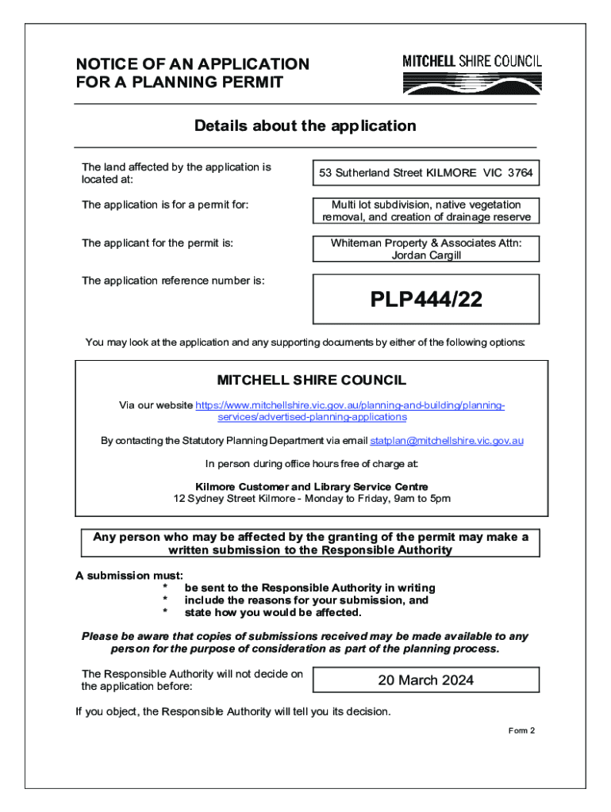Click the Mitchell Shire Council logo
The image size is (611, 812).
click(x=472, y=74)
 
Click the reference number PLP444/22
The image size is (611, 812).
click(x=426, y=300)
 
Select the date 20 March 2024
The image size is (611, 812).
click(x=426, y=680)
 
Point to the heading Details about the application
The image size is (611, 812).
click(x=305, y=126)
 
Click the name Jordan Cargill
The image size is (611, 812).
click(x=426, y=255)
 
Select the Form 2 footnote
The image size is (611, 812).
click(x=521, y=730)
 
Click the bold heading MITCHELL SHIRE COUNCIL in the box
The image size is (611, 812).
click(x=312, y=381)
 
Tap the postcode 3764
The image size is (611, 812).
click(x=521, y=173)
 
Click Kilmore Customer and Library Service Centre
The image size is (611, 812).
click(x=312, y=486)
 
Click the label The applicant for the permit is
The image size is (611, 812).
click(x=157, y=243)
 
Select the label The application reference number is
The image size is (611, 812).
click(x=173, y=281)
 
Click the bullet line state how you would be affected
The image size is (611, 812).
click(x=273, y=612)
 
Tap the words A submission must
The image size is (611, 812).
click(x=129, y=575)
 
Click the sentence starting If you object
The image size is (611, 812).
click(x=232, y=711)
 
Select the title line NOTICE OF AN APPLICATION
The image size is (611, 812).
click(x=192, y=64)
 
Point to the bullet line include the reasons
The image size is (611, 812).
click(x=306, y=600)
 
